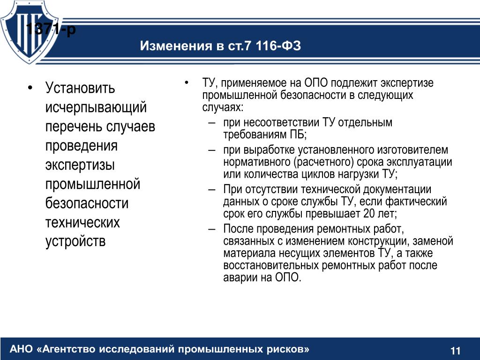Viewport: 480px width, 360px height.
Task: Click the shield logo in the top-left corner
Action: [30, 32]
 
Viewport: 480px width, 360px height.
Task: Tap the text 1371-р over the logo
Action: [51, 29]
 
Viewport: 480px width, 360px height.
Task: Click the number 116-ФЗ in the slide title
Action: [278, 45]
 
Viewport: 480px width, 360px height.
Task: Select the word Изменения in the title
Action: [176, 46]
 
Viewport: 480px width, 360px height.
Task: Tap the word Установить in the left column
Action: [80, 88]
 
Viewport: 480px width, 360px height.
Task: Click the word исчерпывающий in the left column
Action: [96, 107]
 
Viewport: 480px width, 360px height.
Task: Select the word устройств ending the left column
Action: [75, 241]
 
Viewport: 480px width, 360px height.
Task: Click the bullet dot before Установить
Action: [30, 88]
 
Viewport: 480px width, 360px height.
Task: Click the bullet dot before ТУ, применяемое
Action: [187, 82]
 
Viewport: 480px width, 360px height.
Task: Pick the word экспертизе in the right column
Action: [407, 83]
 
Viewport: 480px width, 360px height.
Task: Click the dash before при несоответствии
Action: [211, 123]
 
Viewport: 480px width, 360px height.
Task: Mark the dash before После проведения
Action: [211, 229]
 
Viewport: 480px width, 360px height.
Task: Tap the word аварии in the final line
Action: [239, 277]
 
